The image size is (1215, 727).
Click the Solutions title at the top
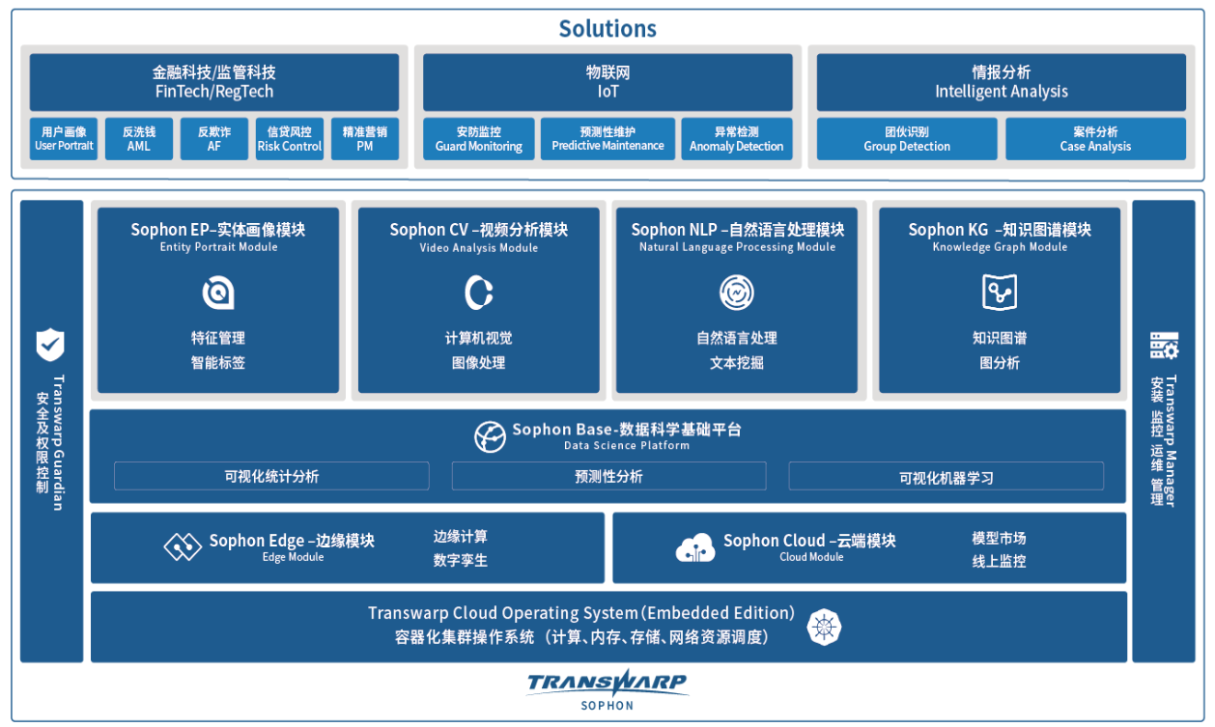(x=607, y=29)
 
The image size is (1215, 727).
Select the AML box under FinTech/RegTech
(x=138, y=139)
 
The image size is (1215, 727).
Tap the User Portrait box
(x=64, y=139)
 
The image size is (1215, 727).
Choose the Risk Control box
(x=289, y=139)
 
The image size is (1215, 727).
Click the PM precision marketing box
(x=364, y=139)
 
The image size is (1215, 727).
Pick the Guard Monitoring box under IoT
(x=478, y=139)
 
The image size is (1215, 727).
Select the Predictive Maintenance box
(x=607, y=139)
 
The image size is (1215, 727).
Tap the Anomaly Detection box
(x=736, y=139)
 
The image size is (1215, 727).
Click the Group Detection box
(x=906, y=139)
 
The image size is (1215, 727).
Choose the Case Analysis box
(x=1094, y=139)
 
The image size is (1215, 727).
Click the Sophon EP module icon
(x=218, y=293)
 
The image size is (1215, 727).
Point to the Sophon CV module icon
(x=478, y=293)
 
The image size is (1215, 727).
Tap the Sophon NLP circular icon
(x=737, y=293)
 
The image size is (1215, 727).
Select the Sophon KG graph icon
(x=1000, y=293)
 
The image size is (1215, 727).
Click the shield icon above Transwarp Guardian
(x=50, y=345)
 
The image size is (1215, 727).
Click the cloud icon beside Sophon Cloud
(x=695, y=547)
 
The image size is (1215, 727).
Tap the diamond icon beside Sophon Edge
(x=182, y=547)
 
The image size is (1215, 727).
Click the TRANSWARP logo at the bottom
(x=607, y=684)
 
